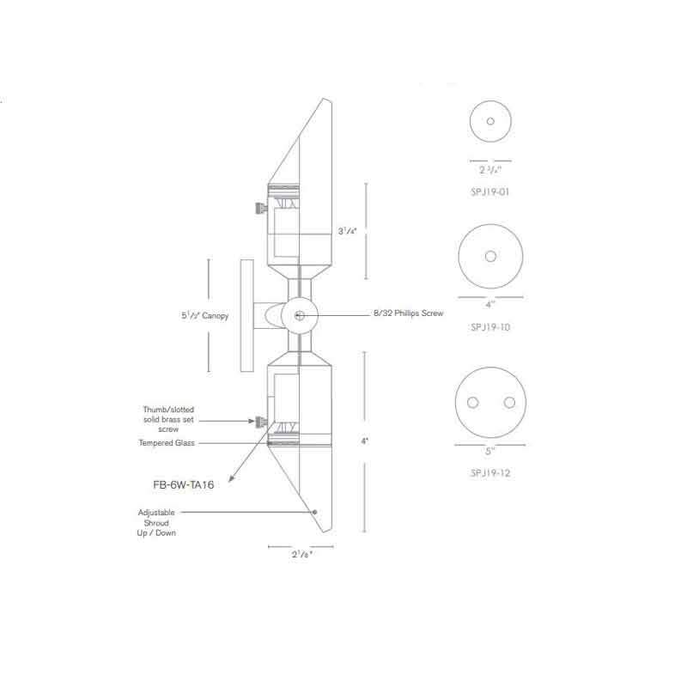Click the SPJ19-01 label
(x=489, y=192)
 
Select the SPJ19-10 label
(x=489, y=327)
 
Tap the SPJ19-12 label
(x=489, y=473)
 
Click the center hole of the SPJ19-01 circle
(x=490, y=122)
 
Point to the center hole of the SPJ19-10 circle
(x=490, y=257)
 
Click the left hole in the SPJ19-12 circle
(x=471, y=403)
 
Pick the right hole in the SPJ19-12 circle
(x=509, y=403)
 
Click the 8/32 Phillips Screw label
(x=408, y=315)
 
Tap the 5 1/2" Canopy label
(x=199, y=316)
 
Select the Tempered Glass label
(x=167, y=443)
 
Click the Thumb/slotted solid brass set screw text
(x=168, y=419)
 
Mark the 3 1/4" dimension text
(x=348, y=230)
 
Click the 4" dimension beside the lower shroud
(x=365, y=441)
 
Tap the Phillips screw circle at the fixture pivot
(x=298, y=315)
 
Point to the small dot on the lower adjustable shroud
(x=315, y=512)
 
